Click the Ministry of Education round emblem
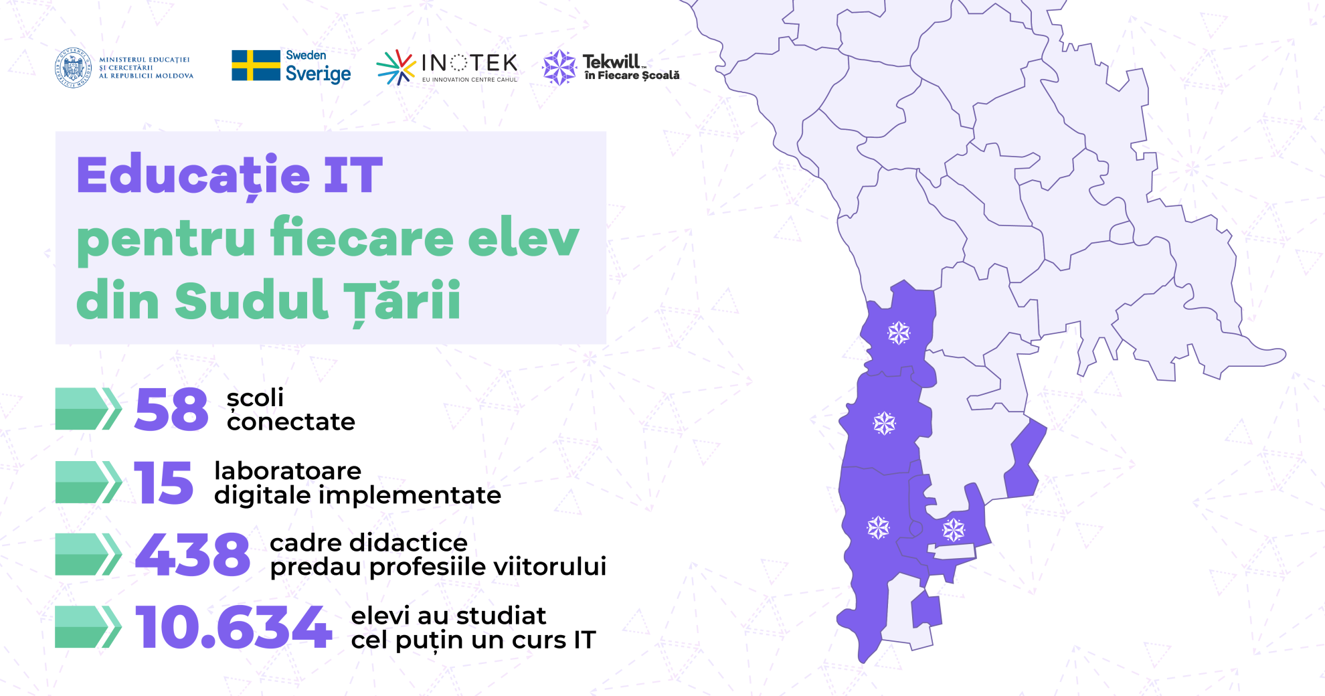[x=74, y=68]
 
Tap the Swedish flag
[x=256, y=66]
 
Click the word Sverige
[x=318, y=74]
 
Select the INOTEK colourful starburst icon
[x=396, y=68]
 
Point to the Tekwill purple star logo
[x=559, y=68]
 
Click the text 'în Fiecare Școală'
[x=632, y=76]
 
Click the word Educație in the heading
[x=193, y=175]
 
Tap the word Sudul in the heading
[x=252, y=300]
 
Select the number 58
[x=171, y=409]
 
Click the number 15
[x=164, y=482]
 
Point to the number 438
[x=193, y=554]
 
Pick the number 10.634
[x=234, y=627]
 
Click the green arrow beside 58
[x=88, y=408]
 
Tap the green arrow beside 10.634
[x=88, y=627]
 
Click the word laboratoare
[x=288, y=470]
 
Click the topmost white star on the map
[x=899, y=333]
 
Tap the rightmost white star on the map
[x=954, y=530]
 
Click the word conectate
[x=291, y=422]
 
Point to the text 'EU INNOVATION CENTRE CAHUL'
[x=470, y=80]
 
